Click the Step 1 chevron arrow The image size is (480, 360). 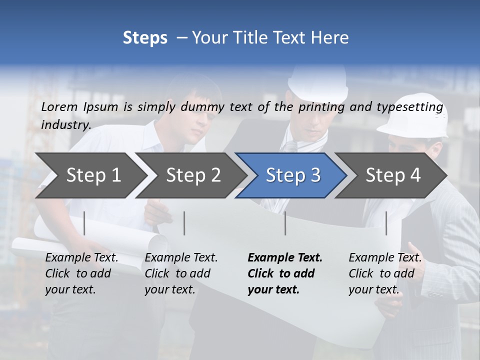[x=93, y=175]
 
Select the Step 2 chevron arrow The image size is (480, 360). [x=193, y=175]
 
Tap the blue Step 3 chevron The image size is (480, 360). [x=293, y=175]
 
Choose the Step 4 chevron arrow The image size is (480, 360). [x=393, y=175]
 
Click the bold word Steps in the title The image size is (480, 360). [x=145, y=37]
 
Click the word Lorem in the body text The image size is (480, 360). [x=59, y=106]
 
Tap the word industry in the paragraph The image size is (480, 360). [x=65, y=125]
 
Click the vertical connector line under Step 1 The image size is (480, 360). [x=84, y=223]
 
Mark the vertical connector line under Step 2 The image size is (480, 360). [x=184, y=223]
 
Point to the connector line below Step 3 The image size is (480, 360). [x=285, y=223]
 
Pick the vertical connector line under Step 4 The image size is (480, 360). [x=386, y=223]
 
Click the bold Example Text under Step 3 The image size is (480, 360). [x=285, y=258]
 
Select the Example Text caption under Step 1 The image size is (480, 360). [x=82, y=258]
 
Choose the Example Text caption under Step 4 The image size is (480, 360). [x=385, y=258]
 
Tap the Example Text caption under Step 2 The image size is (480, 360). [x=181, y=258]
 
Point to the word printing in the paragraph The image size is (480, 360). [x=320, y=107]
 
